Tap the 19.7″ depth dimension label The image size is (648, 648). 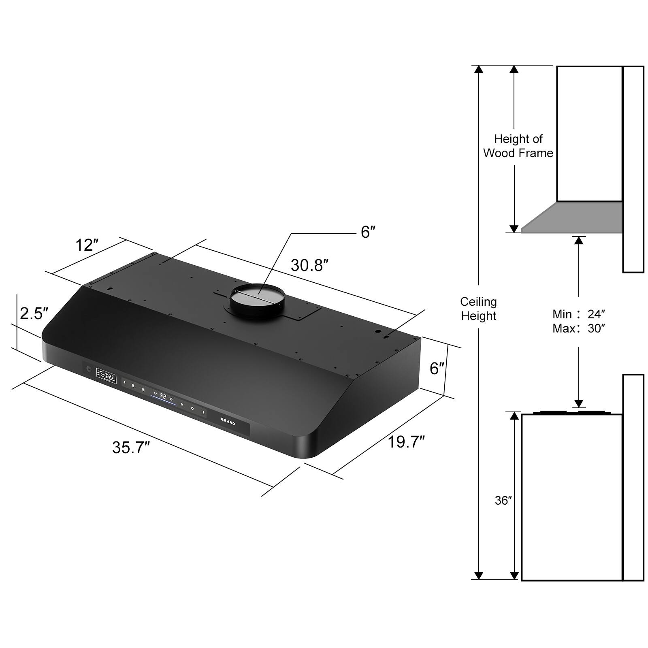click(x=406, y=442)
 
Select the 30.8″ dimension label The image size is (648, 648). click(x=309, y=266)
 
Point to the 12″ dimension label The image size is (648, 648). click(x=87, y=245)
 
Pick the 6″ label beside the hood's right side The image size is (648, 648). click(x=437, y=369)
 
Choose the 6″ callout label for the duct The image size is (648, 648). click(x=368, y=232)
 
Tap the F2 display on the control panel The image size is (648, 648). click(x=163, y=396)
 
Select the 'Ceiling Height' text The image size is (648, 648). click(x=478, y=309)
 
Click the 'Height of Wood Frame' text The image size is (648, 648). click(x=518, y=146)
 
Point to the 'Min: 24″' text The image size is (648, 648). click(x=578, y=314)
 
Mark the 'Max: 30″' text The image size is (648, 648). click(x=578, y=328)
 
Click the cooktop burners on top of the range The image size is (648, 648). click(x=571, y=413)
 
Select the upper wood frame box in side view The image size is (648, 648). click(x=589, y=134)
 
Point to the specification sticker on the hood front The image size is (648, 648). click(x=106, y=376)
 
